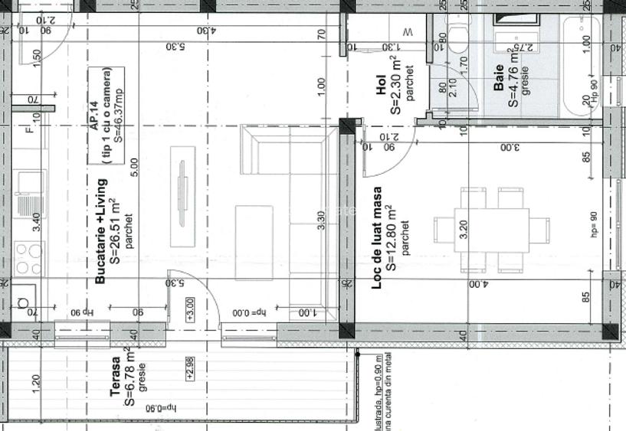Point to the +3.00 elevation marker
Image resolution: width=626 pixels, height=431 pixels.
point(190,314)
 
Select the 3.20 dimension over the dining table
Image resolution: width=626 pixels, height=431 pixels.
point(462,230)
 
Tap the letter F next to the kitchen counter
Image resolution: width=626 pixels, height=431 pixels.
point(29,129)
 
